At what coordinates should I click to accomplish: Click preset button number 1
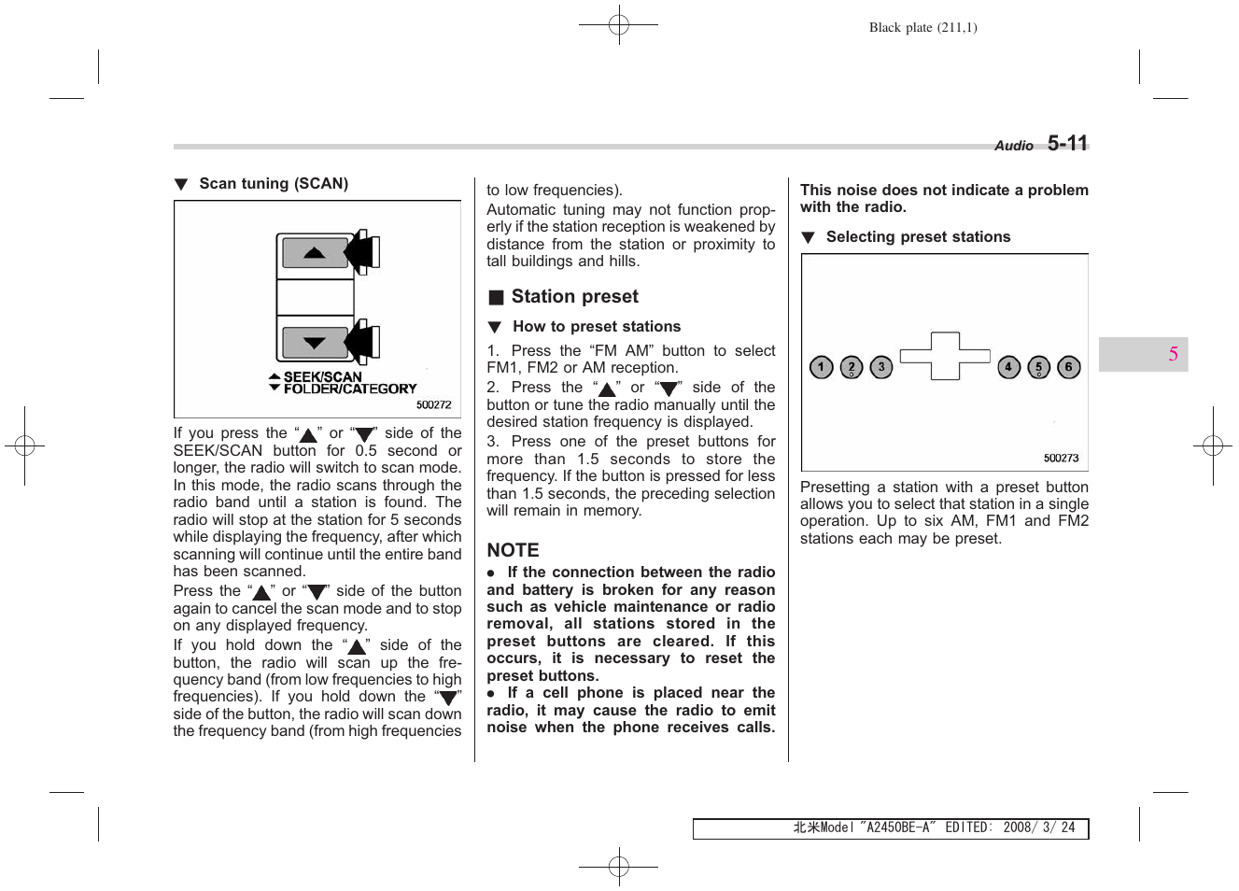[821, 367]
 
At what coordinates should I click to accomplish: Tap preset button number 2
[852, 367]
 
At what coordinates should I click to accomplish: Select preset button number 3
[881, 367]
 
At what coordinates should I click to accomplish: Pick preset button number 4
[1008, 367]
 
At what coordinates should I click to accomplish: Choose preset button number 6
[1069, 367]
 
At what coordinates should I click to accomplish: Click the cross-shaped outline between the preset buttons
[945, 356]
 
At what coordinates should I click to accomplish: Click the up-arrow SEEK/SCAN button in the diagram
[315, 253]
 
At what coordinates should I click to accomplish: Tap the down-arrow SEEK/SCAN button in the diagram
[315, 343]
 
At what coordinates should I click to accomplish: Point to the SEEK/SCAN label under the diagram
[322, 376]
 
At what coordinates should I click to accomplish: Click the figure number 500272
[433, 404]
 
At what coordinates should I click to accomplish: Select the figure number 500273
[1061, 458]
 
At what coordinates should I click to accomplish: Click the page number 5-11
[1067, 143]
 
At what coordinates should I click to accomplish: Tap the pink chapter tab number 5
[1173, 354]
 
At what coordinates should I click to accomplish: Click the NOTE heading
[513, 550]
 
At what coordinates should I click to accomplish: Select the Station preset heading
[574, 296]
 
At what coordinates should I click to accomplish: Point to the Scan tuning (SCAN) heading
[273, 183]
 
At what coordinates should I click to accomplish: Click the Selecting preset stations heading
[918, 236]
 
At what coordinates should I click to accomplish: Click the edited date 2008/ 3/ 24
[1038, 827]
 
